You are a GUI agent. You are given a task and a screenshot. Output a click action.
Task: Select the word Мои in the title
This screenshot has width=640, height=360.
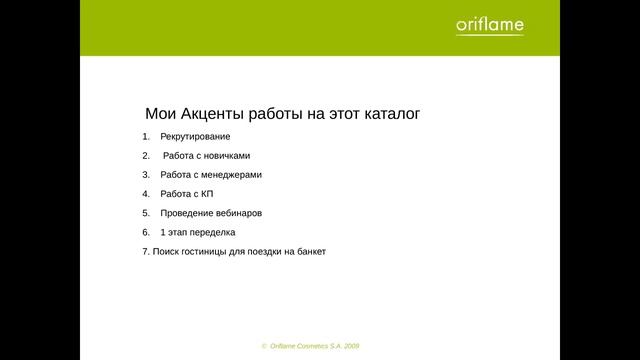(163, 114)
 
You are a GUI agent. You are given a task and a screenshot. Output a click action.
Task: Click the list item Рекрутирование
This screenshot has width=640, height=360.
(195, 136)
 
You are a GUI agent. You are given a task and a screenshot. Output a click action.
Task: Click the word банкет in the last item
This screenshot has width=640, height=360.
(310, 252)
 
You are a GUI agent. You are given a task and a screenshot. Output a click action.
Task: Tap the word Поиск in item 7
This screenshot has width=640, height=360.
(164, 252)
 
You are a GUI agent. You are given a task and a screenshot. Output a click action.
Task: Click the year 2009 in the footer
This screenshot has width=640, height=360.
(350, 345)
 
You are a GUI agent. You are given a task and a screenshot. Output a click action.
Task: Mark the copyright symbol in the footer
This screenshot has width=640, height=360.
(264, 345)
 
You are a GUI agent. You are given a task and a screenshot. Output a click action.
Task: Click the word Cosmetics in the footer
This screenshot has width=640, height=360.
(309, 345)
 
